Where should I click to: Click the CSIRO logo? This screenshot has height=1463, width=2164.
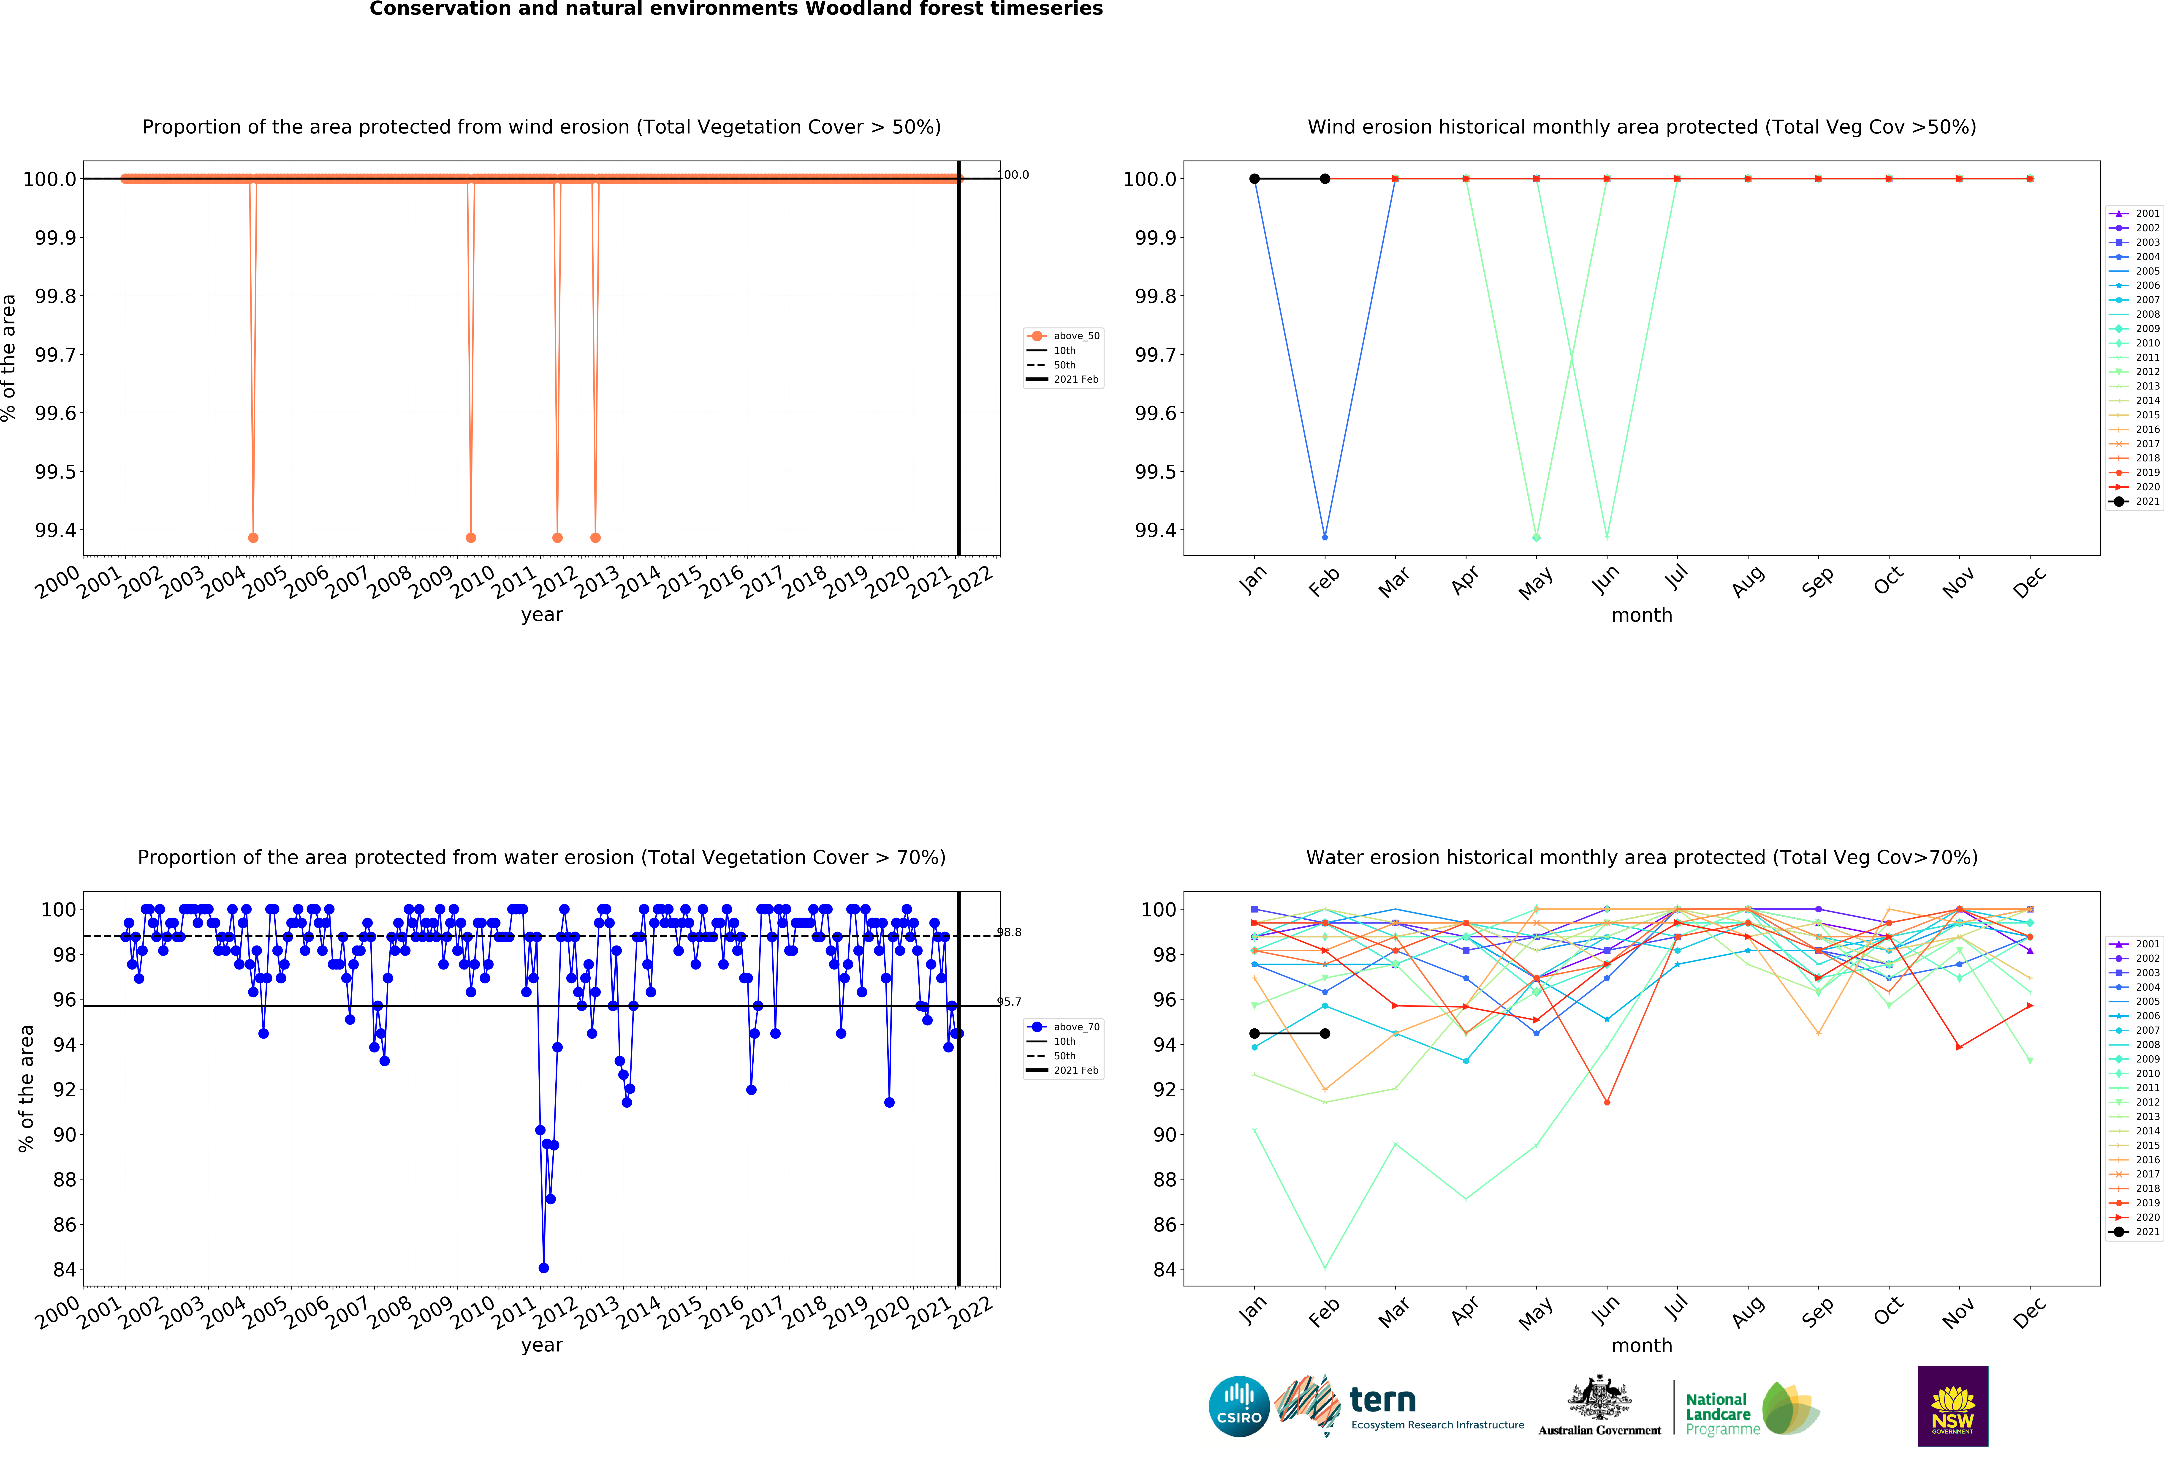click(1238, 1406)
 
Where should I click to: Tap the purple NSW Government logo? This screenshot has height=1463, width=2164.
click(1953, 1406)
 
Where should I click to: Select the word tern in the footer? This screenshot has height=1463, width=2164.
click(1383, 1400)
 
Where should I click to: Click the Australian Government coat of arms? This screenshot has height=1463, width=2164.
click(1599, 1397)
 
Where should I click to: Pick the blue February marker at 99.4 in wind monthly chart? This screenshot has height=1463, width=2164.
click(1325, 537)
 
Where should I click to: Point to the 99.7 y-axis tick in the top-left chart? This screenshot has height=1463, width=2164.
click(56, 355)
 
